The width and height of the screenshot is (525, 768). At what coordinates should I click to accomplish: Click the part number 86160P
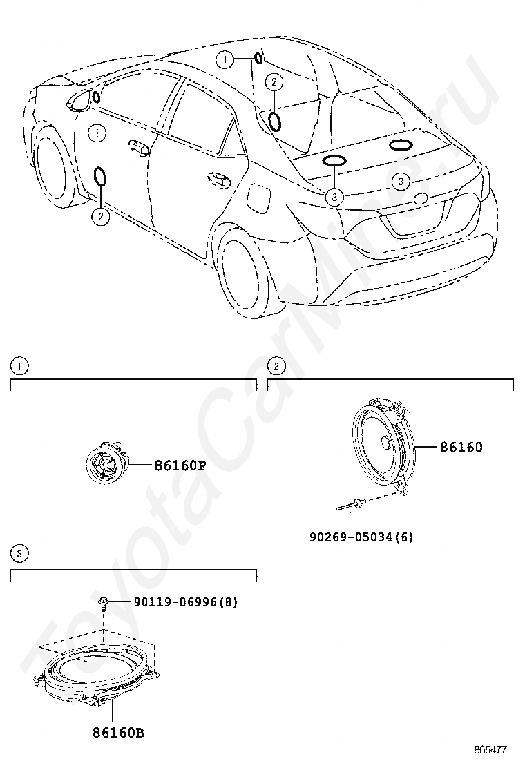(180, 465)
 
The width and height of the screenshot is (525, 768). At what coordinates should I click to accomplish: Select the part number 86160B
(119, 733)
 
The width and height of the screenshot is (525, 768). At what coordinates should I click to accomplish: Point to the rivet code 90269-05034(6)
(361, 537)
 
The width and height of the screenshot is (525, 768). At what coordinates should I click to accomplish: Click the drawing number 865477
(490, 750)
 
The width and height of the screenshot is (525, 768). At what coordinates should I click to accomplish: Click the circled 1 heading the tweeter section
(19, 366)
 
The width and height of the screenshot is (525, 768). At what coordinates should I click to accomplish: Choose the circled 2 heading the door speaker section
(277, 366)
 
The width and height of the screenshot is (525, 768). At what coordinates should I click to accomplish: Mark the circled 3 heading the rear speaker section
(19, 554)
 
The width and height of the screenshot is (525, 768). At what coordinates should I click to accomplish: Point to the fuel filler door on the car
(258, 198)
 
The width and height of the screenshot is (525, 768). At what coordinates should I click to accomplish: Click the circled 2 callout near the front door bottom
(100, 216)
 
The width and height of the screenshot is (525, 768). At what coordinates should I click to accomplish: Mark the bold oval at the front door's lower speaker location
(100, 177)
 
